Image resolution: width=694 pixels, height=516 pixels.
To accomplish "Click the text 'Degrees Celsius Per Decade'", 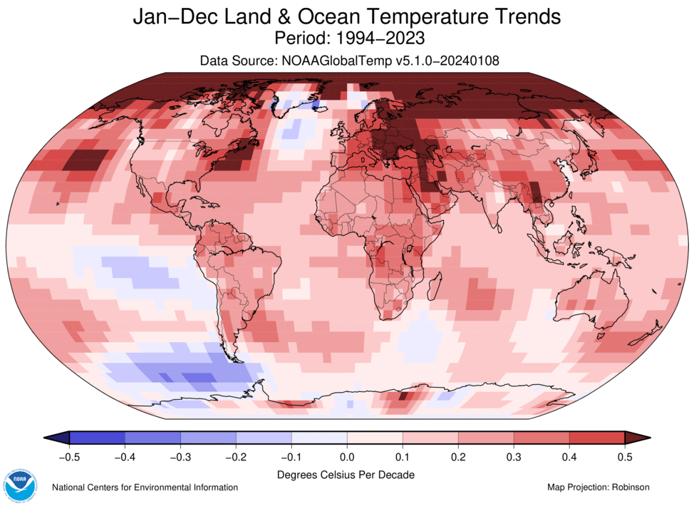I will pyautogui.click(x=346, y=474).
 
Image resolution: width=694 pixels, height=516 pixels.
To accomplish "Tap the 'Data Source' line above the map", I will pyautogui.click(x=347, y=61).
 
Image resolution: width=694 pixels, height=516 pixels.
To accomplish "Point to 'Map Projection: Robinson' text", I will pyautogui.click(x=598, y=487).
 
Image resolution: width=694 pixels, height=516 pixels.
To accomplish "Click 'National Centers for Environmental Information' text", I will pyautogui.click(x=145, y=487).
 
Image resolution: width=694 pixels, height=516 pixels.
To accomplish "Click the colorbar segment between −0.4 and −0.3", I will pyautogui.click(x=152, y=438).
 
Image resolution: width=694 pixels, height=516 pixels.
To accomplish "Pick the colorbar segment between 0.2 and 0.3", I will pyautogui.click(x=486, y=438).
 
